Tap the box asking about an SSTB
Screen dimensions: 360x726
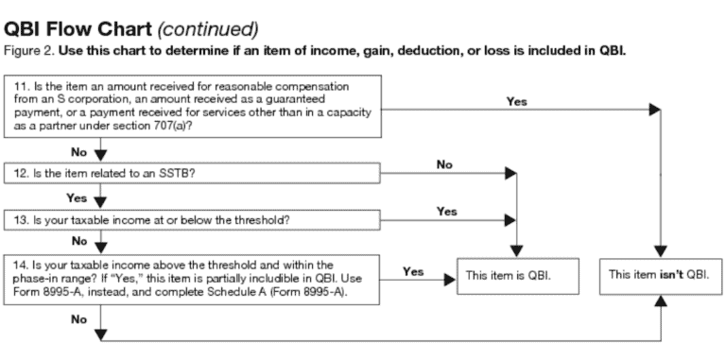(x=195, y=173)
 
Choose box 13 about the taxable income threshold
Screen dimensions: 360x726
(x=195, y=220)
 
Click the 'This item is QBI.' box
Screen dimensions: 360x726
(x=510, y=275)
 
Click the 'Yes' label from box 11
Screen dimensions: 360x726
(x=517, y=100)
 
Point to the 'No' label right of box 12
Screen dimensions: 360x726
(x=445, y=164)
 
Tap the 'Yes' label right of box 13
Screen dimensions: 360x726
(x=446, y=212)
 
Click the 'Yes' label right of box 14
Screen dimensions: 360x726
(x=412, y=271)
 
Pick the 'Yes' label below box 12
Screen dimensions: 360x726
(x=78, y=197)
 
